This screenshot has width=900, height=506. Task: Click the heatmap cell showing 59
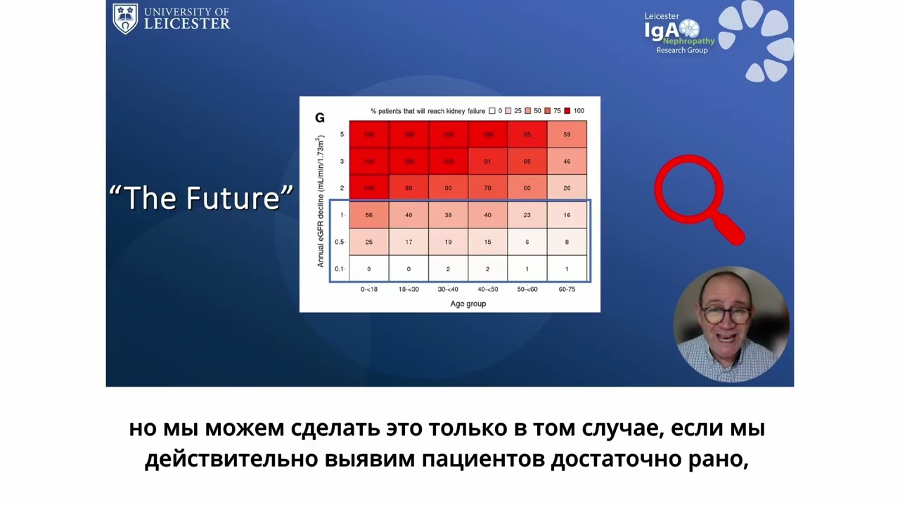click(567, 134)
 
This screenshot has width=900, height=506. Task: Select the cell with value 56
click(369, 215)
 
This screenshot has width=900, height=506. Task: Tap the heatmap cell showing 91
click(488, 162)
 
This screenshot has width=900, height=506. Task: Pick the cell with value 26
click(567, 188)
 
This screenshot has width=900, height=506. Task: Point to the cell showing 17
click(409, 242)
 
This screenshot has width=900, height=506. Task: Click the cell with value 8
click(567, 242)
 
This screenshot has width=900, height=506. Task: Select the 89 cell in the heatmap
click(409, 188)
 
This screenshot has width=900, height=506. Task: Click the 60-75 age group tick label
click(567, 289)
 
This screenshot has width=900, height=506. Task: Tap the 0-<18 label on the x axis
click(369, 289)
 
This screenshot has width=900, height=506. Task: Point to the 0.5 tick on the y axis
click(339, 242)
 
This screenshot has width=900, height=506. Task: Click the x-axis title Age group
click(468, 304)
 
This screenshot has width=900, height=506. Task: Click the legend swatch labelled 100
click(567, 111)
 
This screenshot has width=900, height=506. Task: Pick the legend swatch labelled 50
click(528, 111)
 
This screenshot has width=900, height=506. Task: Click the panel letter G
click(319, 118)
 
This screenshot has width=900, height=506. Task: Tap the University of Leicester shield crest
click(125, 18)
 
